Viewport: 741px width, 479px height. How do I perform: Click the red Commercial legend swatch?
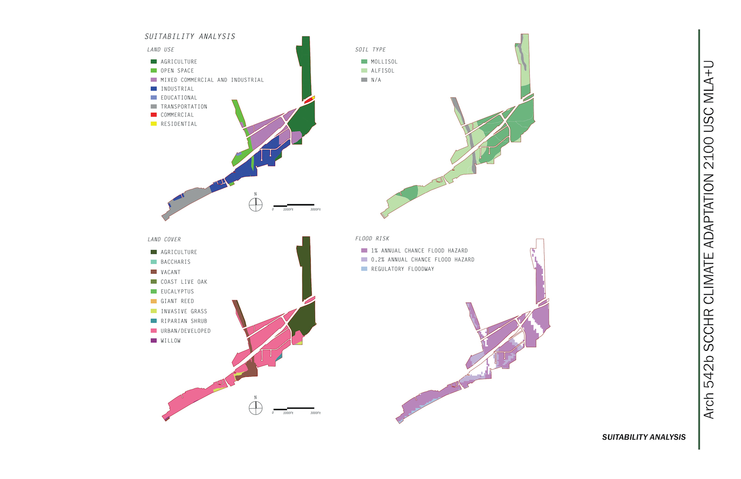153,115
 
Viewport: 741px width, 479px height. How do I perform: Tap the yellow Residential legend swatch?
153,124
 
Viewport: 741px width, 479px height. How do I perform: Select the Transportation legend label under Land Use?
184,106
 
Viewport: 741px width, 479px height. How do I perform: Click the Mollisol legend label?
384,62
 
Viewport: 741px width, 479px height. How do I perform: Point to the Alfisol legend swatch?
364,70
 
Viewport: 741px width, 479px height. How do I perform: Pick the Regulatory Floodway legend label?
402,269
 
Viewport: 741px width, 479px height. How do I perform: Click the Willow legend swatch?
153,341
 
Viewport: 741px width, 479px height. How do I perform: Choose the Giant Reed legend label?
177,301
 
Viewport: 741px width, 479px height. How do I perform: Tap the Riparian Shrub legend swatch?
153,321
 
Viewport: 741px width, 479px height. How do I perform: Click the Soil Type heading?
370,49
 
